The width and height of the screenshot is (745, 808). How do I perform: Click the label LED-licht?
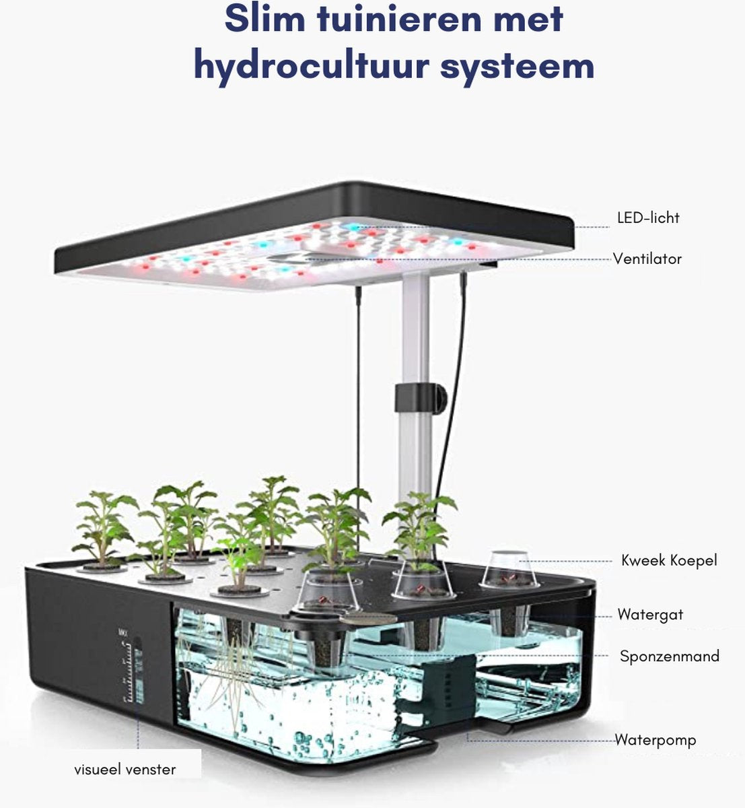point(648,217)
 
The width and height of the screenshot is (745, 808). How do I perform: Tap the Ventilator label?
point(647,259)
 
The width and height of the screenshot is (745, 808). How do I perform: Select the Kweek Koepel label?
point(669,560)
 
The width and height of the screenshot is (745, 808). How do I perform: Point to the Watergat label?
point(650,614)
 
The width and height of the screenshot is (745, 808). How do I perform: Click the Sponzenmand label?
point(670,656)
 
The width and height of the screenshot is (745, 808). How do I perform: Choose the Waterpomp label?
point(655,739)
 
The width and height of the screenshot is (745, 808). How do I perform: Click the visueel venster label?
point(125,770)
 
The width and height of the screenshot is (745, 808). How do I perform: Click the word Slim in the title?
point(264,19)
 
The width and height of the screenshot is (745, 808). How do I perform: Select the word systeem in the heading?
point(518,67)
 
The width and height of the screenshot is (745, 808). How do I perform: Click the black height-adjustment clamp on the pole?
point(421,399)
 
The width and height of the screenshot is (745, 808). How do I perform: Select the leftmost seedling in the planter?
point(104,529)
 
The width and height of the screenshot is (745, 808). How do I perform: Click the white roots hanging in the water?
point(232,667)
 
